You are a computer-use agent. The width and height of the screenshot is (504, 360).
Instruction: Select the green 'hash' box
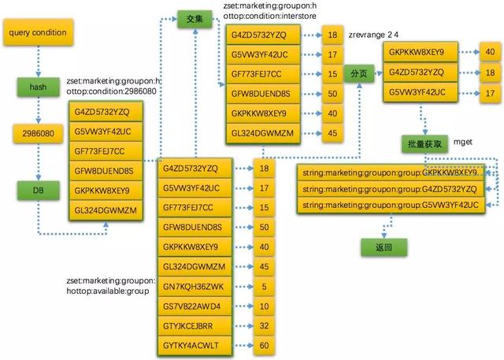(37, 86)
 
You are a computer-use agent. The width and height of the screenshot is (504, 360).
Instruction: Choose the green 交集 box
(195, 17)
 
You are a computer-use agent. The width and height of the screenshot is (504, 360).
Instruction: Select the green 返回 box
(377, 247)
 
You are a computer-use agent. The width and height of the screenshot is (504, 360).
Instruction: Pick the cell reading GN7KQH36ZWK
(193, 286)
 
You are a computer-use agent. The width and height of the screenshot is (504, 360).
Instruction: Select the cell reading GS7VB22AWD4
(193, 306)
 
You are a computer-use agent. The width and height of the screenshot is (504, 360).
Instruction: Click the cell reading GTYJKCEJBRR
(193, 325)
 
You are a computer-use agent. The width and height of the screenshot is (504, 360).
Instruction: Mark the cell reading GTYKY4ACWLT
(193, 345)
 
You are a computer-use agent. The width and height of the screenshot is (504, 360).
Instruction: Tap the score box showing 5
(265, 286)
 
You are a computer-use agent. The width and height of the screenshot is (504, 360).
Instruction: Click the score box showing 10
(265, 306)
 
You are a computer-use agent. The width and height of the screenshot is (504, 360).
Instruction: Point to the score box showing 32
(265, 325)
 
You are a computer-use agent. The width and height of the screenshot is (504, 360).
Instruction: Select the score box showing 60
(265, 345)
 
